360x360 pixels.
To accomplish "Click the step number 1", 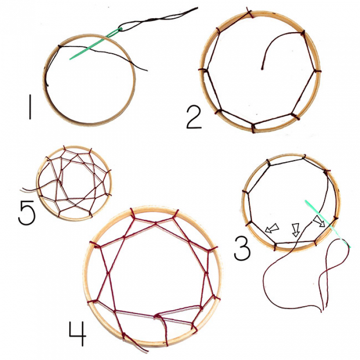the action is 30,107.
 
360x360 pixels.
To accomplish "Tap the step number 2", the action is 194,118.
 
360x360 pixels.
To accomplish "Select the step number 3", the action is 242,249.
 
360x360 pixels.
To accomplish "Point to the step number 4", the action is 77,334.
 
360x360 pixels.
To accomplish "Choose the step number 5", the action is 26,213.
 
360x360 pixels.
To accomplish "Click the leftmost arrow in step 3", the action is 272,228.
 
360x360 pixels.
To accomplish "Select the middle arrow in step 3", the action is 296,229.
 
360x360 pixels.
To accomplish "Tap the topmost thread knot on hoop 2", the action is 249,12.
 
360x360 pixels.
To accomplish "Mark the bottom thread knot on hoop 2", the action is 253,128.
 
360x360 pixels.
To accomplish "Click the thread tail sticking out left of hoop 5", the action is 29,190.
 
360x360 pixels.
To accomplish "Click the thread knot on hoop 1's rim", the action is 59,47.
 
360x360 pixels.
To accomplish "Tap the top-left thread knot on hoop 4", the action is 132,213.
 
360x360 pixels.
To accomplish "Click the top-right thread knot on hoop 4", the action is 174,214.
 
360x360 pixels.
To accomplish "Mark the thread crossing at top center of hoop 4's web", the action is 156,222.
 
